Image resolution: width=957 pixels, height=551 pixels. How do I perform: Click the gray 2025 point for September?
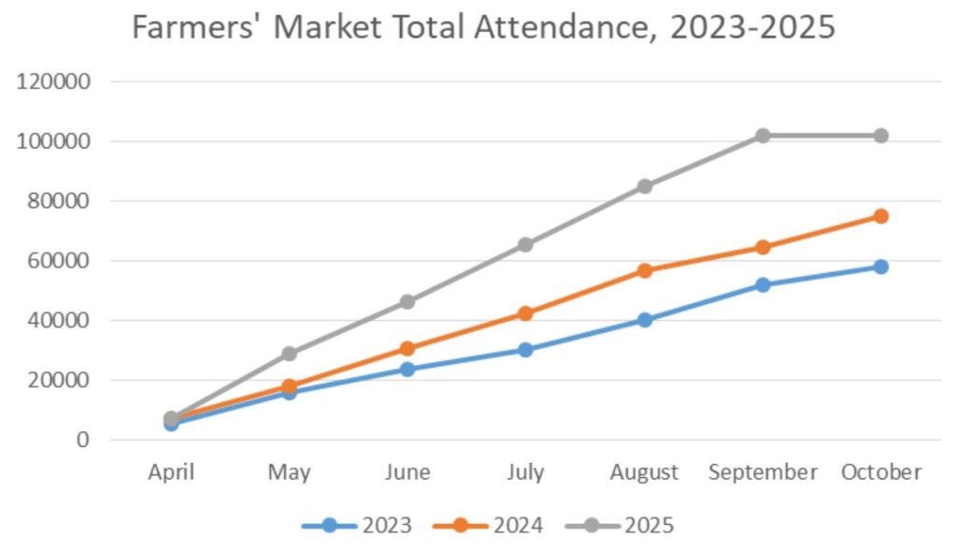(x=763, y=136)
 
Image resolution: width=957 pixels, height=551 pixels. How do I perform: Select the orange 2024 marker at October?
(x=880, y=216)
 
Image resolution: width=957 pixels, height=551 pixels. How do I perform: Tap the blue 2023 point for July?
(x=525, y=350)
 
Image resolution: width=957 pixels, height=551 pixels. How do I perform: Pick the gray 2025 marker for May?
(x=289, y=354)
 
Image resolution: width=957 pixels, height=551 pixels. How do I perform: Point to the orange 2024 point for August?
(x=644, y=270)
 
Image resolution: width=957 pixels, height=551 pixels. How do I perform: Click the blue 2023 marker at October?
(x=880, y=267)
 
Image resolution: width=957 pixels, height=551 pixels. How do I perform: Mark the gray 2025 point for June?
(x=407, y=301)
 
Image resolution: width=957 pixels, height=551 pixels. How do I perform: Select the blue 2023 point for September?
(x=763, y=284)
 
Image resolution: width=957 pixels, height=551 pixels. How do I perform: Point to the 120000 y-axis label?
(x=54, y=81)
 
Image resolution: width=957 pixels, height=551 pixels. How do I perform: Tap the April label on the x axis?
(x=171, y=472)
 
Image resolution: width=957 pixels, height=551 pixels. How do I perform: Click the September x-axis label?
(x=763, y=472)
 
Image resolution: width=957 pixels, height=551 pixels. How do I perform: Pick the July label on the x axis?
(x=525, y=472)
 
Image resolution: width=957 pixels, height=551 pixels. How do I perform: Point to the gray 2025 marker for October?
(x=880, y=136)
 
